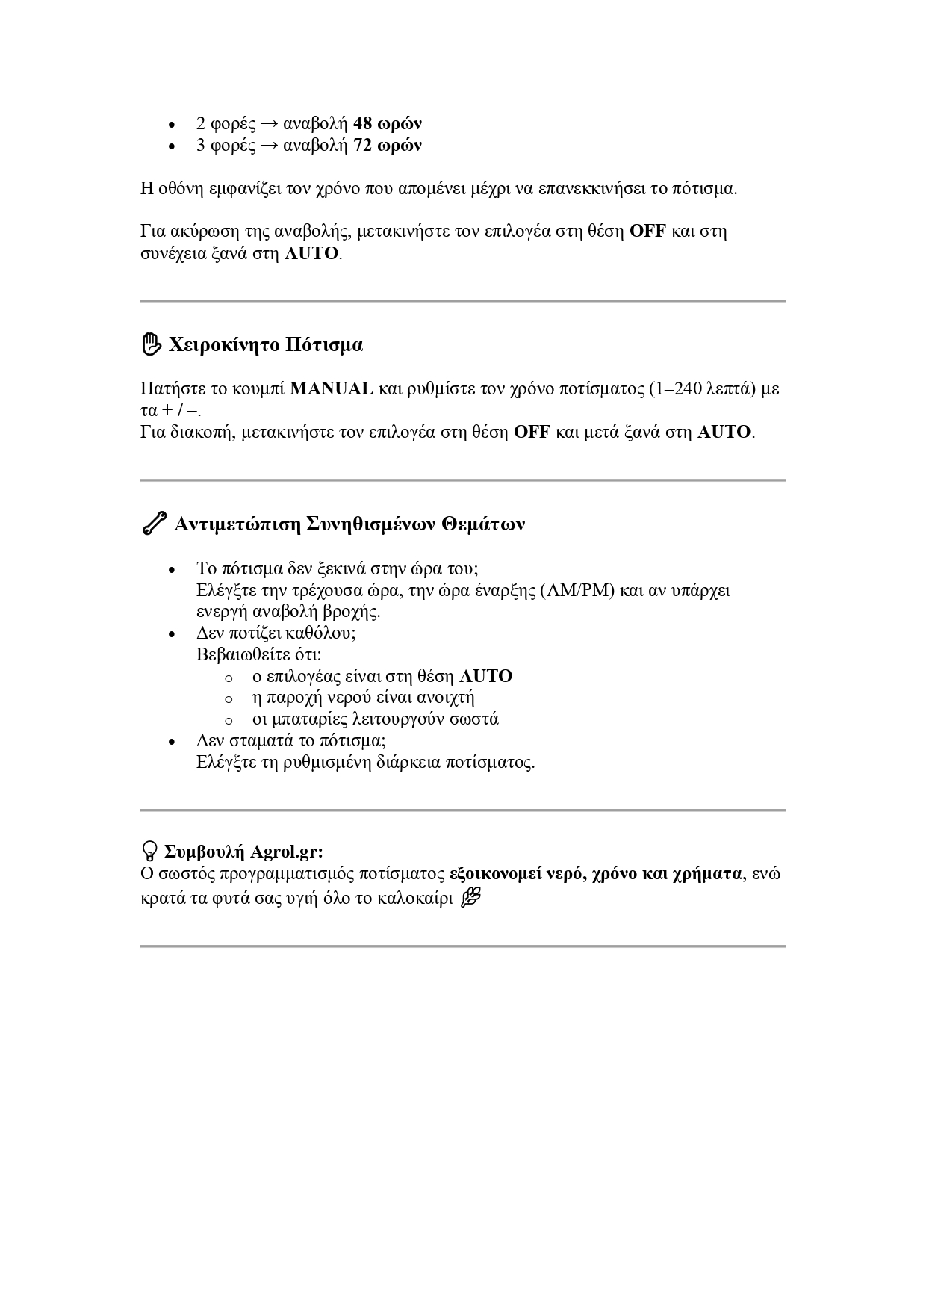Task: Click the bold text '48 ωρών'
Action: (x=387, y=123)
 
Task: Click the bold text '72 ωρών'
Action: (x=387, y=145)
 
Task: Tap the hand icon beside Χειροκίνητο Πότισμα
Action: (x=151, y=344)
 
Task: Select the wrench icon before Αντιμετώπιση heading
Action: (x=154, y=524)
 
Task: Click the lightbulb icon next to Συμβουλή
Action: (x=149, y=851)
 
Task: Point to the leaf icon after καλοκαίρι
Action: (x=470, y=897)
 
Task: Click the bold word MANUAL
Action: (x=331, y=388)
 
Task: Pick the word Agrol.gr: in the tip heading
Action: (x=287, y=852)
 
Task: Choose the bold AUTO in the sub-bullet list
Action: (x=485, y=676)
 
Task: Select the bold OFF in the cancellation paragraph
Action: (x=647, y=231)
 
